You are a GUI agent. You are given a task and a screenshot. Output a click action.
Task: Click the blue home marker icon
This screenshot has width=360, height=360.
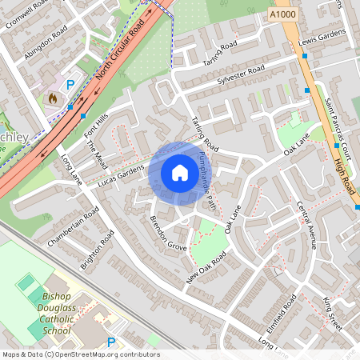pos(180,173)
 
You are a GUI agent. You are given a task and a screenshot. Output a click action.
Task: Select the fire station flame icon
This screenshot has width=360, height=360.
pos(53,98)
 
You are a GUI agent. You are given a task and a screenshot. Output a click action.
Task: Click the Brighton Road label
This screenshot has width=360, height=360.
pos(99,250)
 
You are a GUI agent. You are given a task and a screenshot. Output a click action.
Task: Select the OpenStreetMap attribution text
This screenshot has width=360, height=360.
pos(80,354)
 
